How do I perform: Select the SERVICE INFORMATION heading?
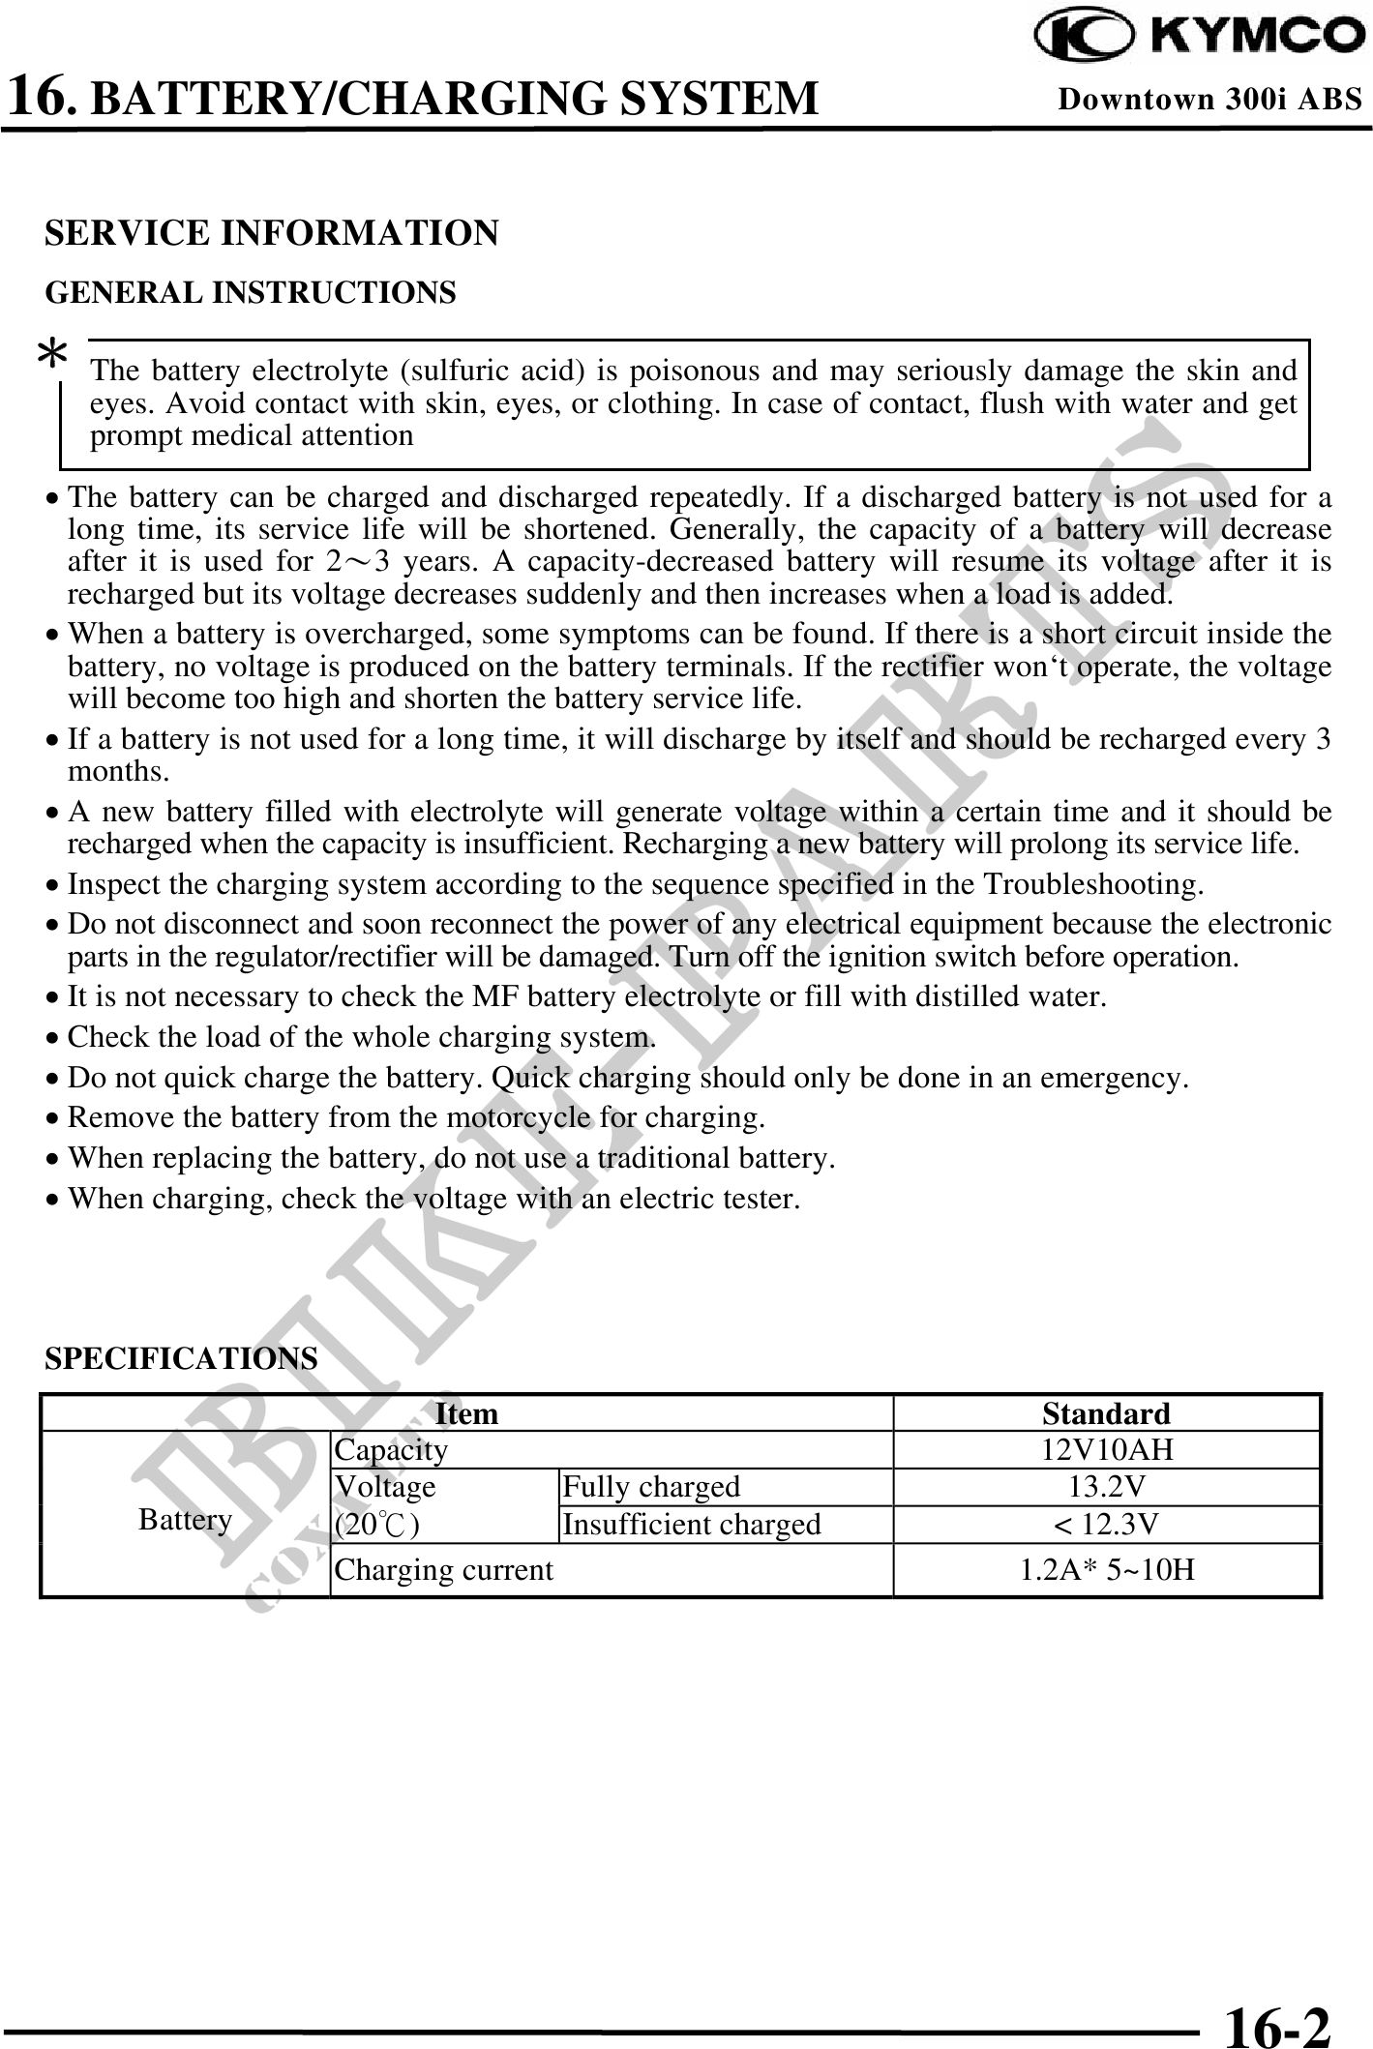point(272,233)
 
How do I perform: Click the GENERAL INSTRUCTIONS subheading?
point(251,292)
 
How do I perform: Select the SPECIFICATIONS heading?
point(181,1358)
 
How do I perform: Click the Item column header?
point(466,1413)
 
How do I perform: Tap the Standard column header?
point(1106,1413)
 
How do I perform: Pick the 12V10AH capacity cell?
point(1106,1450)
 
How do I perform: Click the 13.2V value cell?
point(1106,1487)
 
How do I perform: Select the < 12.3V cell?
point(1106,1525)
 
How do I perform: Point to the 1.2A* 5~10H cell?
point(1106,1569)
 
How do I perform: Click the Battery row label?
point(185,1520)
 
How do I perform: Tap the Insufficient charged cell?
point(691,1525)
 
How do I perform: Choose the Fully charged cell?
point(650,1487)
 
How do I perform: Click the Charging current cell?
point(444,1569)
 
